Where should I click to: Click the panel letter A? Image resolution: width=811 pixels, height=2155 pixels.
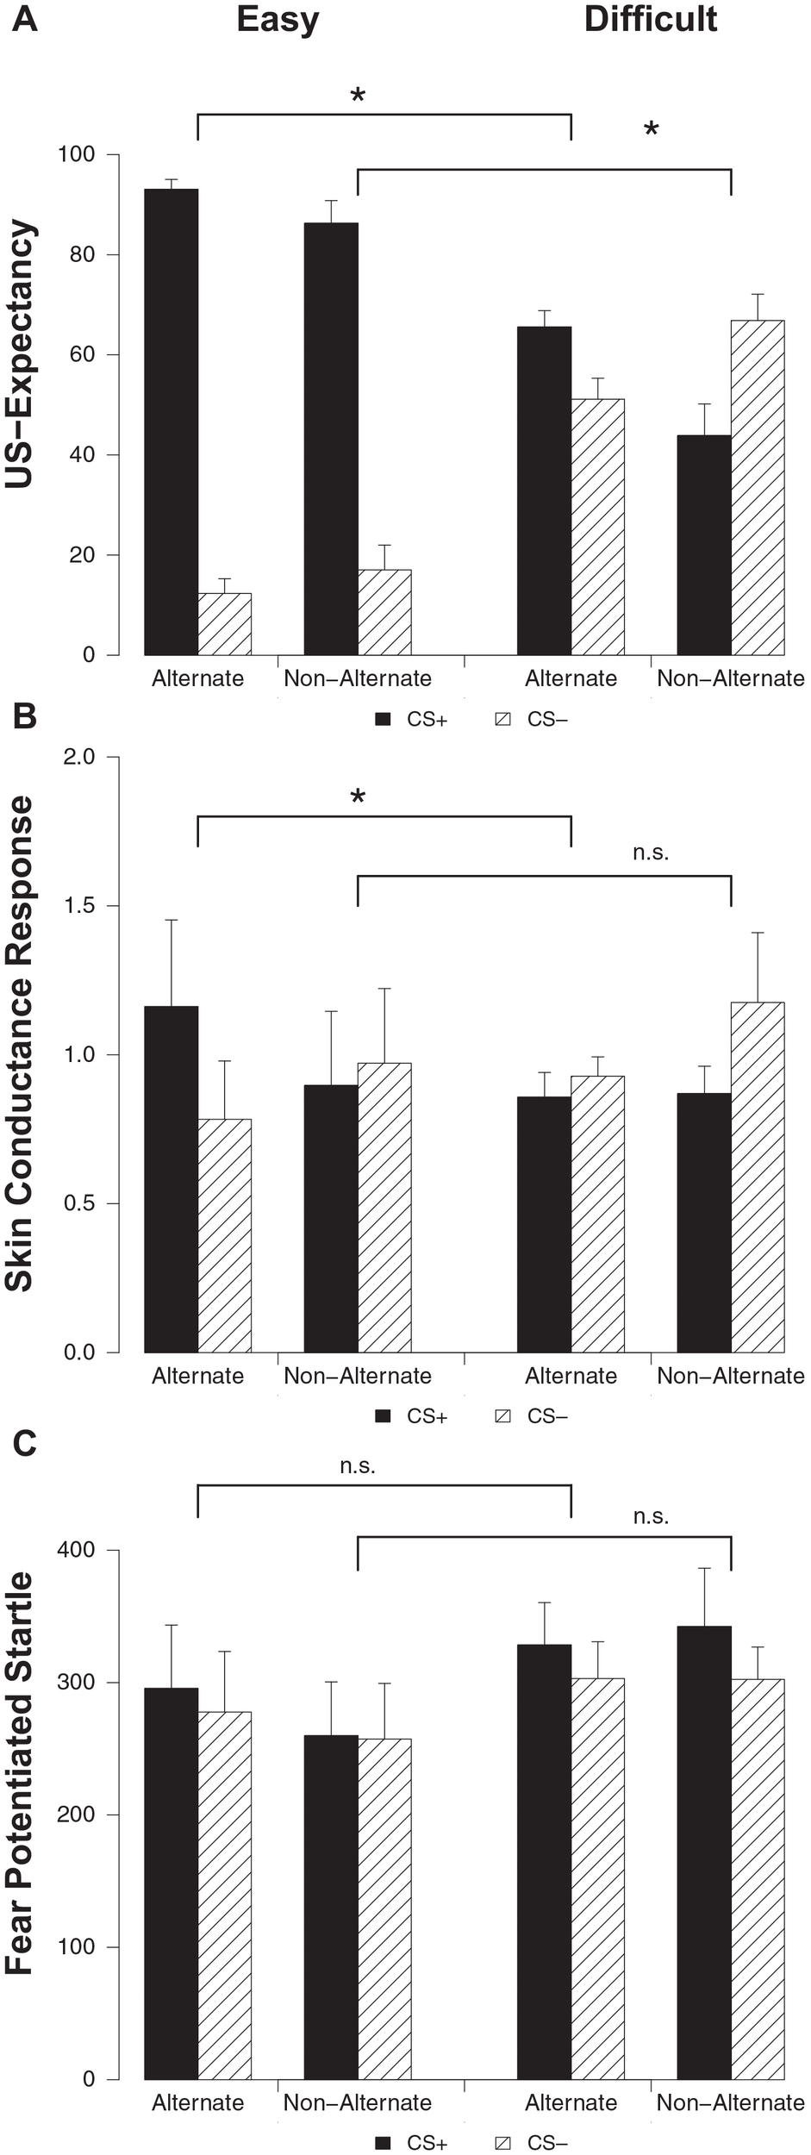pyautogui.click(x=24, y=19)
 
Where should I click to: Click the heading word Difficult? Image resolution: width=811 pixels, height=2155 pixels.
pyautogui.click(x=650, y=19)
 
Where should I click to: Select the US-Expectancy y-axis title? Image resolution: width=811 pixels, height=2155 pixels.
pyautogui.click(x=21, y=354)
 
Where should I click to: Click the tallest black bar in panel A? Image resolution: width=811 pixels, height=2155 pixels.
pyautogui.click(x=171, y=422)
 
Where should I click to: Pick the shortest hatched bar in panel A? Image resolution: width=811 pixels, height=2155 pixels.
pyautogui.click(x=225, y=624)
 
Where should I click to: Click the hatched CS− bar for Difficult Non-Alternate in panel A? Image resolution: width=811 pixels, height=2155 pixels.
pyautogui.click(x=758, y=487)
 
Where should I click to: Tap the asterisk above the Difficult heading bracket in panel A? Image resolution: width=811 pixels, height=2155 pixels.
pyautogui.click(x=651, y=130)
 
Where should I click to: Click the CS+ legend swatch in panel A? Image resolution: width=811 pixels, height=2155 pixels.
pyautogui.click(x=384, y=719)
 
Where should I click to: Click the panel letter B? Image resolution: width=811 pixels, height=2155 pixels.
pyautogui.click(x=24, y=716)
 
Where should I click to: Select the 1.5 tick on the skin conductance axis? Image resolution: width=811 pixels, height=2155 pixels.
pyautogui.click(x=80, y=906)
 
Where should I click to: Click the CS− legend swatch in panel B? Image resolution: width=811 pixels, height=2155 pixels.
pyautogui.click(x=503, y=1415)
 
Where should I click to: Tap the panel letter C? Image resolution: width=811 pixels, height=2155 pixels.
pyautogui.click(x=24, y=1441)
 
